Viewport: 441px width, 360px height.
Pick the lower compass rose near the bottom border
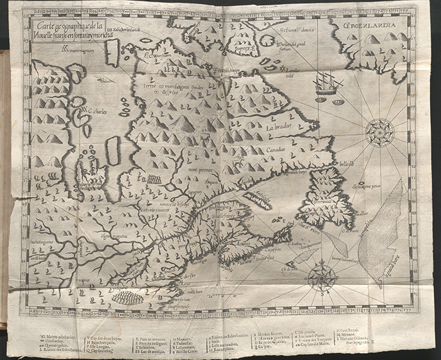pyautogui.click(x=322, y=276)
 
